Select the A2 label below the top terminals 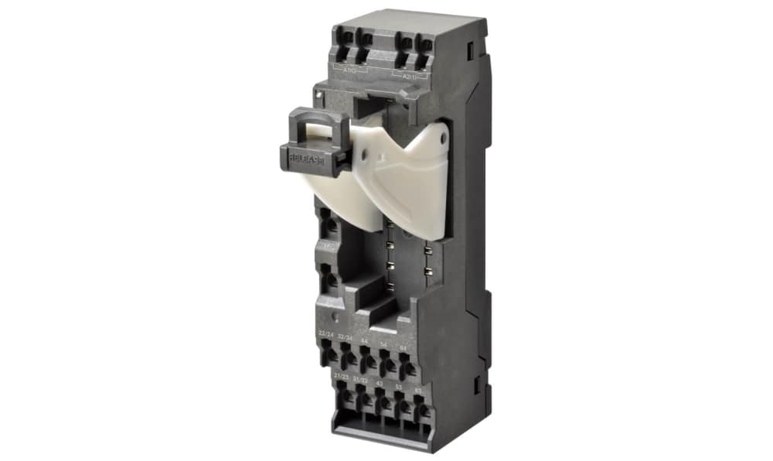pos(406,75)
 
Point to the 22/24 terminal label pos(326,333)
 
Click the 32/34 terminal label pos(346,338)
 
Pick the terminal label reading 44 pos(364,341)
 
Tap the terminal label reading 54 pos(384,345)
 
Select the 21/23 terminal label pos(341,375)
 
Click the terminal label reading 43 pos(380,382)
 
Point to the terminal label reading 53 pos(399,385)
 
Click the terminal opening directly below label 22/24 pos(329,354)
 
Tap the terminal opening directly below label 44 pos(368,362)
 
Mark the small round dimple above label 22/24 pos(333,317)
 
